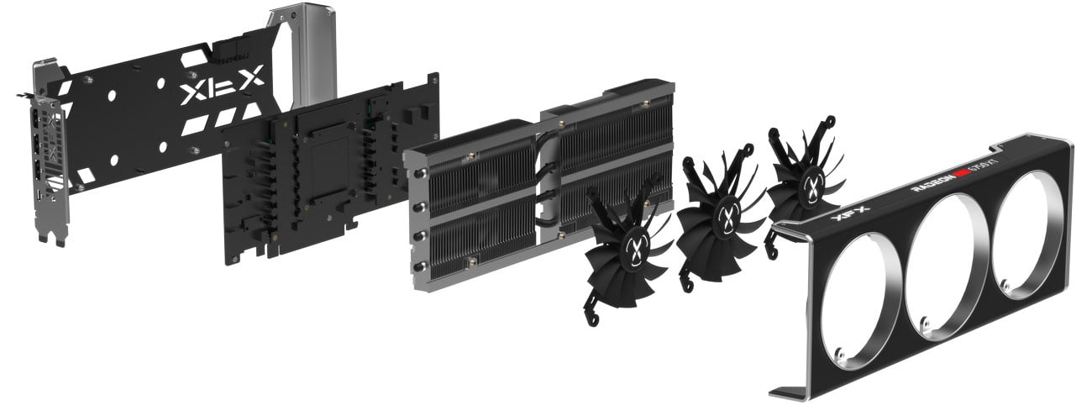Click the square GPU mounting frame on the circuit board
(x=319, y=160)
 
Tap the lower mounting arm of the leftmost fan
(x=593, y=313)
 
